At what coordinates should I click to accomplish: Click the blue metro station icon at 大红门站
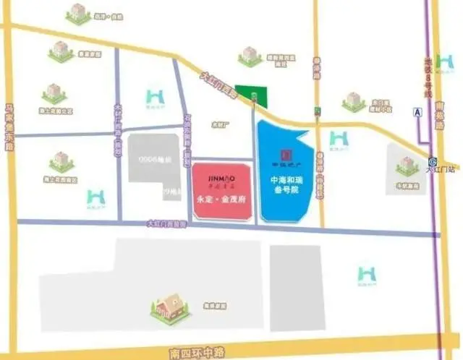pos(433,162)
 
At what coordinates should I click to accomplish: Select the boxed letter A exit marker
pos(417,112)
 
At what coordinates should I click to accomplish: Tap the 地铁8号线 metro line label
pos(428,79)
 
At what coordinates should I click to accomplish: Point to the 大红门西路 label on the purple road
pos(166,224)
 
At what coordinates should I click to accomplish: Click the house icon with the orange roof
pos(171,308)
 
